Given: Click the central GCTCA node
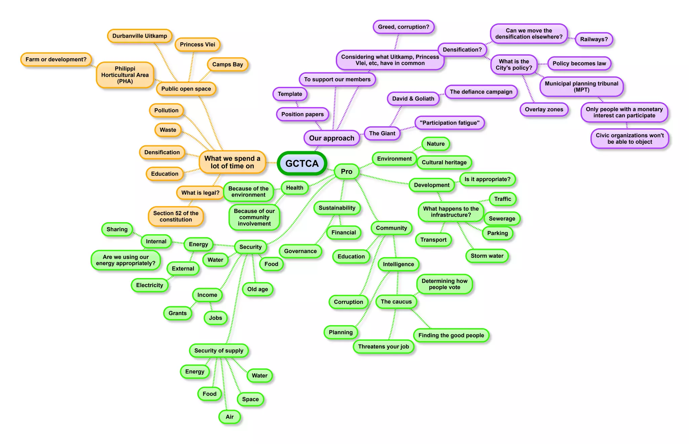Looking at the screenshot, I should [302, 163].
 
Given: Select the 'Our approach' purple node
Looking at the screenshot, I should [331, 138].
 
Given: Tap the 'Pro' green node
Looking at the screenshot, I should [347, 171].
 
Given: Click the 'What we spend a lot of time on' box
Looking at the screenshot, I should [232, 162].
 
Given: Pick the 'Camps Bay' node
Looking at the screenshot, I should [227, 64].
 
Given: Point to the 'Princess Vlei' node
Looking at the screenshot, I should [197, 44].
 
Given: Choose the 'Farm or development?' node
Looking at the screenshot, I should [56, 60].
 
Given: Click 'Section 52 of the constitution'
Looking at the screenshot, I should [176, 216].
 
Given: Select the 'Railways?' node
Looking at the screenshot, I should [594, 39].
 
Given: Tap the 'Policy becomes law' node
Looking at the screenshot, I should [579, 63].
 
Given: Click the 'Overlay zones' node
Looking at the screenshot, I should [544, 109].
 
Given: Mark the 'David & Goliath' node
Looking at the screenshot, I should [413, 99].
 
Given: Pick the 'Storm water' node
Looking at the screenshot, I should [487, 256].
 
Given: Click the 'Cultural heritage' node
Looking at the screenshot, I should [444, 162].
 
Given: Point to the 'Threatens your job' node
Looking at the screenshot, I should [383, 346].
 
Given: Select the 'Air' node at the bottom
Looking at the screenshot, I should [229, 417].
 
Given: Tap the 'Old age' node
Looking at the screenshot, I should [257, 289].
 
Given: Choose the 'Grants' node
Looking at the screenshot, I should [177, 313].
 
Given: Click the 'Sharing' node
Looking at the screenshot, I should [117, 229].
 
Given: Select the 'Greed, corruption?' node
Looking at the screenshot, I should [403, 27].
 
